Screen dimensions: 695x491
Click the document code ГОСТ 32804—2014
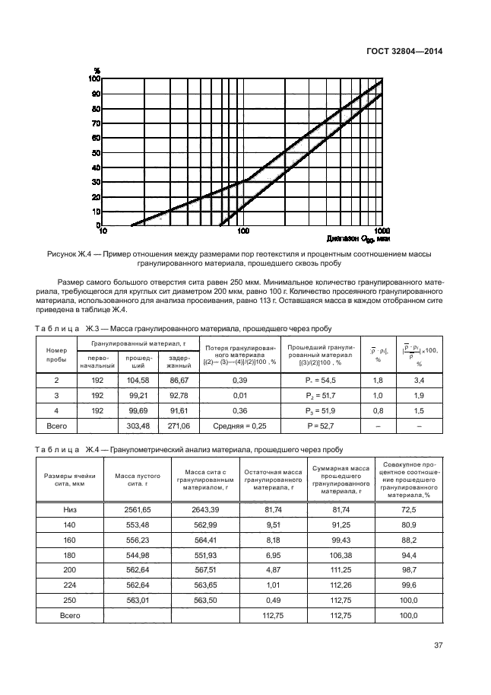coord(405,51)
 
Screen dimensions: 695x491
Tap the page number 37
coord(438,646)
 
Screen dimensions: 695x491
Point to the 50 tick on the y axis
coord(96,152)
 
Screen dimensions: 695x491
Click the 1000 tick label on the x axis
coord(381,231)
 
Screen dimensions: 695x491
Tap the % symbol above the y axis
coord(97,71)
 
